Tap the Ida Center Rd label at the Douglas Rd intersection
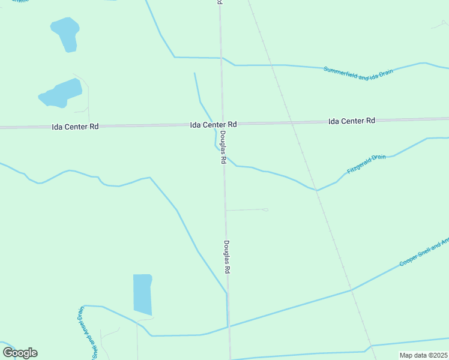click(x=213, y=124)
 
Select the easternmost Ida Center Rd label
click(x=352, y=121)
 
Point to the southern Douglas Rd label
click(x=227, y=257)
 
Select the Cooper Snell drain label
click(x=424, y=253)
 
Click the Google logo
click(x=20, y=352)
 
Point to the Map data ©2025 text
click(x=423, y=355)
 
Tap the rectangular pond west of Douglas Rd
click(x=142, y=294)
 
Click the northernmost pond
click(x=65, y=34)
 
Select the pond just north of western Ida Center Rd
click(x=61, y=94)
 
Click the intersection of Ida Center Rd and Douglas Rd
click(x=222, y=124)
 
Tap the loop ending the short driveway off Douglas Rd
click(x=265, y=209)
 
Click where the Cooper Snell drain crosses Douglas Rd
click(x=228, y=326)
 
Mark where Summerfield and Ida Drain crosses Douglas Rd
click(x=221, y=58)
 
